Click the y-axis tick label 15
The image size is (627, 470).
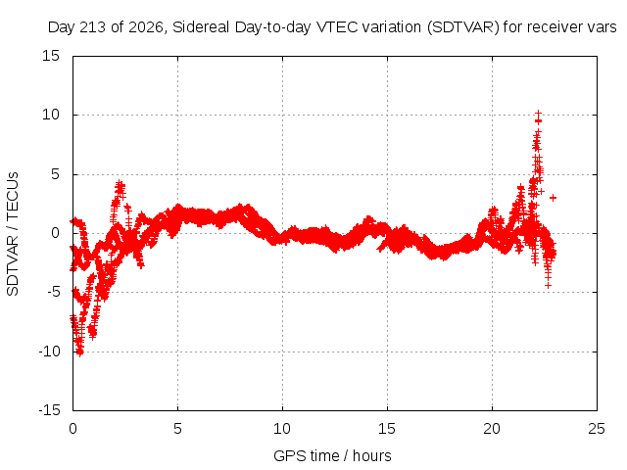point(51,56)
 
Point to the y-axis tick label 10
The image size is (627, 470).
point(51,115)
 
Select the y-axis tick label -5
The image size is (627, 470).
point(54,292)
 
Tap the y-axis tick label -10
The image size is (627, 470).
point(49,352)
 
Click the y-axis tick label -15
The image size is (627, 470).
point(49,410)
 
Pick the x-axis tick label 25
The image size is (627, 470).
point(597,429)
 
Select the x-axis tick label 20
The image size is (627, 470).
point(492,429)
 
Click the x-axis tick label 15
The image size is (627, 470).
point(387,429)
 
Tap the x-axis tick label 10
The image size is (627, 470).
point(282,429)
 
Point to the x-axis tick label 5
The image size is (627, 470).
point(177,429)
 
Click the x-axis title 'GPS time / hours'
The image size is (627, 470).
point(332,455)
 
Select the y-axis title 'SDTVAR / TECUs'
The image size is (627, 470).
point(13,234)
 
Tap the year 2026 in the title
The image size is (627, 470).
point(146,27)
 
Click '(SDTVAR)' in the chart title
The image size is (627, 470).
point(463,27)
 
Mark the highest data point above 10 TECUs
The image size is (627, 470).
point(538,114)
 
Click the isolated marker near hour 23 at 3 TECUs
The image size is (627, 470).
point(553,198)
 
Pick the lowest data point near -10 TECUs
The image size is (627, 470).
point(80,352)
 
